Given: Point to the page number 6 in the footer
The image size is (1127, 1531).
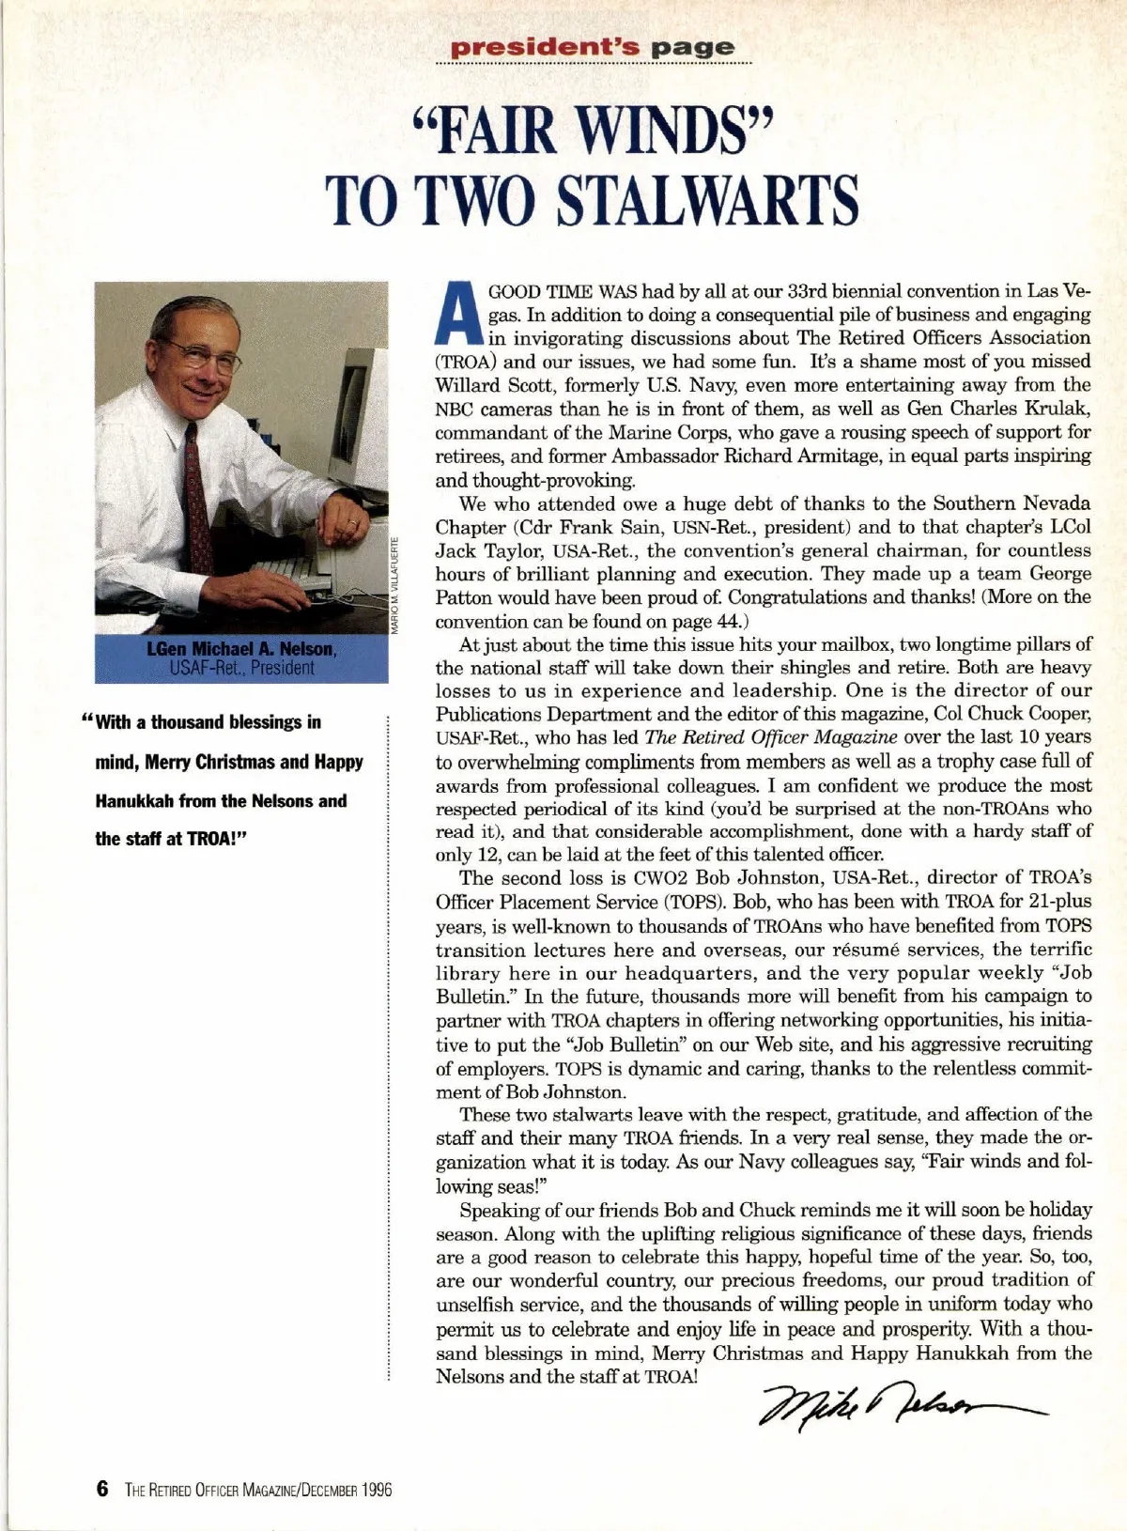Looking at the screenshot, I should point(102,1489).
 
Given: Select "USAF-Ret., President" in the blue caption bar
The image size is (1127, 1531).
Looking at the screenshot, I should point(241,668).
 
